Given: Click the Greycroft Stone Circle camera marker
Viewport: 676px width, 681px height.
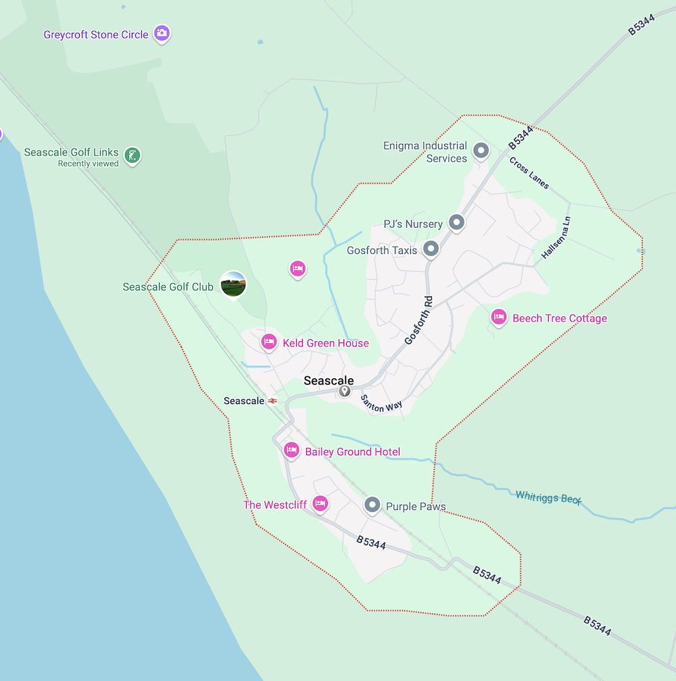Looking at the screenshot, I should tap(161, 32).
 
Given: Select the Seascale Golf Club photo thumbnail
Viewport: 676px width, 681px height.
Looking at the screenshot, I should tap(233, 284).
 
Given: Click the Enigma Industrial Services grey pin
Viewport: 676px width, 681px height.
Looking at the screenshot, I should tap(481, 150).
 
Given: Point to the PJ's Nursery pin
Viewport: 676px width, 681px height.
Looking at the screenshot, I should tap(457, 222).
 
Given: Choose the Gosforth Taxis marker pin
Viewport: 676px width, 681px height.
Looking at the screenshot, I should tap(431, 249).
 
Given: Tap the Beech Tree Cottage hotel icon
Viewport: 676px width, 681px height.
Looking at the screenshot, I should tap(499, 317).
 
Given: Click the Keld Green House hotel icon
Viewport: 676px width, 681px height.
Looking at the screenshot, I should tap(268, 342).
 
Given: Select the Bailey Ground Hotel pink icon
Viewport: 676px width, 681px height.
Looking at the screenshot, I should tap(291, 450).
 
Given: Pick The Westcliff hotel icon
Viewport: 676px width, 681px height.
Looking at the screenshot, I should tap(320, 503).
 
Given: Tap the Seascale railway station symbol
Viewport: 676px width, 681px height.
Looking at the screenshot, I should tap(272, 401).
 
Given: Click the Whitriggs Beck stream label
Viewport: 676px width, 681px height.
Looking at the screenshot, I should tap(548, 497).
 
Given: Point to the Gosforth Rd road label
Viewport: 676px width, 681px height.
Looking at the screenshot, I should tap(418, 320).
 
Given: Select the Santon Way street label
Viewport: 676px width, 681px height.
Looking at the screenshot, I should tap(381, 404).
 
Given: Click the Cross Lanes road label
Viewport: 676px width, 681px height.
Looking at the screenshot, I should tap(529, 174).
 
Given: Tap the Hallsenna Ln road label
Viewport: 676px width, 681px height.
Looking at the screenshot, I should tap(556, 238).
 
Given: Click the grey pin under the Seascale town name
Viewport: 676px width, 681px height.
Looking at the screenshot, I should tap(345, 391).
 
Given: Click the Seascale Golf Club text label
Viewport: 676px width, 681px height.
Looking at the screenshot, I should tap(168, 287).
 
